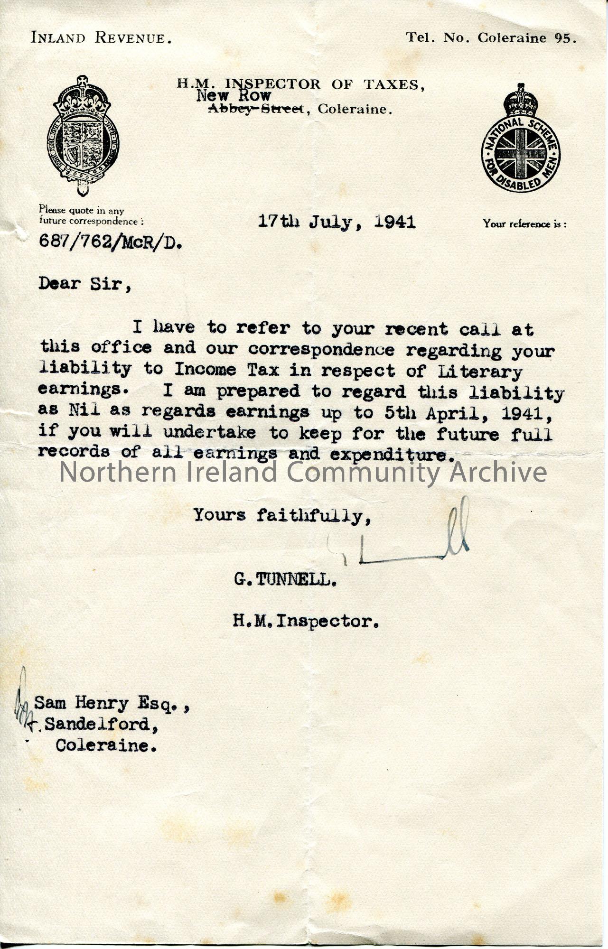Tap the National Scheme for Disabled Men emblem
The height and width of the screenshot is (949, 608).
pos(521,140)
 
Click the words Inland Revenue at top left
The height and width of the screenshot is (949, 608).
pos(101,37)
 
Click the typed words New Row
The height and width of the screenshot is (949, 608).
pos(234,96)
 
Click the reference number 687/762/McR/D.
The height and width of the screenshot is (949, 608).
pos(110,242)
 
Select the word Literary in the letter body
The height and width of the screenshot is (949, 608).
pos(480,371)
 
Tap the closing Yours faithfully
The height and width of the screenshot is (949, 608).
pos(282,515)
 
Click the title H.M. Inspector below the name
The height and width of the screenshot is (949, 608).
pos(306,621)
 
